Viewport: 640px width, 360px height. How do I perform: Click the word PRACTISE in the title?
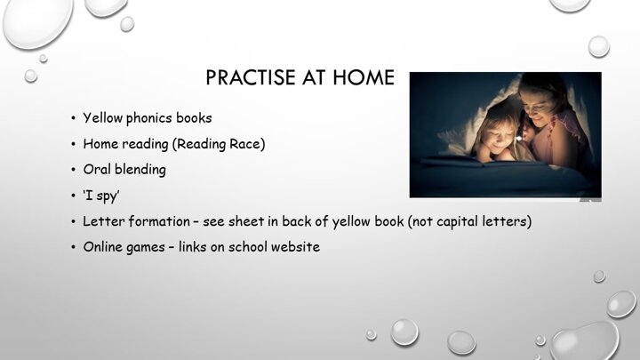click(250, 77)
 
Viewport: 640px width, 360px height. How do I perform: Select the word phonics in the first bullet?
click(149, 118)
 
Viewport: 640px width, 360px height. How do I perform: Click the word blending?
click(140, 170)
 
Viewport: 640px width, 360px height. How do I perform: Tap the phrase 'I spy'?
click(101, 196)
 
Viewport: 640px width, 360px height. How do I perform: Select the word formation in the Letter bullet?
click(159, 221)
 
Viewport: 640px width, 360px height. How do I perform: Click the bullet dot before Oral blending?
click(73, 170)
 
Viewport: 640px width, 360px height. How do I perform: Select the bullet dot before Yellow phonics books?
click(73, 118)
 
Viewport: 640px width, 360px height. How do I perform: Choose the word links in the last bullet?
click(192, 247)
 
